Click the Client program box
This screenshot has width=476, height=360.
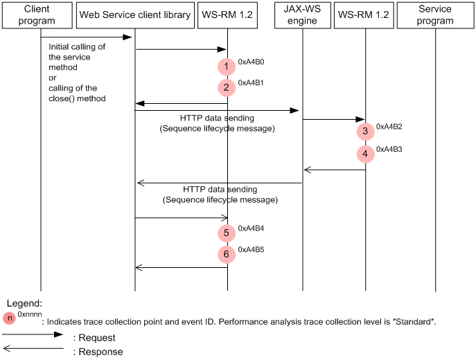point(40,15)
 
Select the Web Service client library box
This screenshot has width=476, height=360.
point(134,15)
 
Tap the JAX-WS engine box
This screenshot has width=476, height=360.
point(301,15)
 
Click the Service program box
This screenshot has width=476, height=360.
point(435,15)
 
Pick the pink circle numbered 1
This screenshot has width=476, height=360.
point(226,67)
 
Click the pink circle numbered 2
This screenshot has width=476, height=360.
point(226,88)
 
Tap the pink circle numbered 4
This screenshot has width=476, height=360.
point(364,154)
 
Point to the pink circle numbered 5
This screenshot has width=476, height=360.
point(226,233)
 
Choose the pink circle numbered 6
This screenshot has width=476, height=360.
point(226,254)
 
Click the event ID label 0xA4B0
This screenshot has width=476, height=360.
point(251,62)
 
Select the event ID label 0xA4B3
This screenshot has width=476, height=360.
point(389,148)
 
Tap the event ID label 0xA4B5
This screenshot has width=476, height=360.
point(251,249)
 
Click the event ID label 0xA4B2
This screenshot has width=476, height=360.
point(389,127)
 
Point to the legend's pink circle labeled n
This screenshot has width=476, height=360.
point(10,318)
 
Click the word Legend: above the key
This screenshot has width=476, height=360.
point(24,303)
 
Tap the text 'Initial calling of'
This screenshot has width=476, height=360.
point(76,46)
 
